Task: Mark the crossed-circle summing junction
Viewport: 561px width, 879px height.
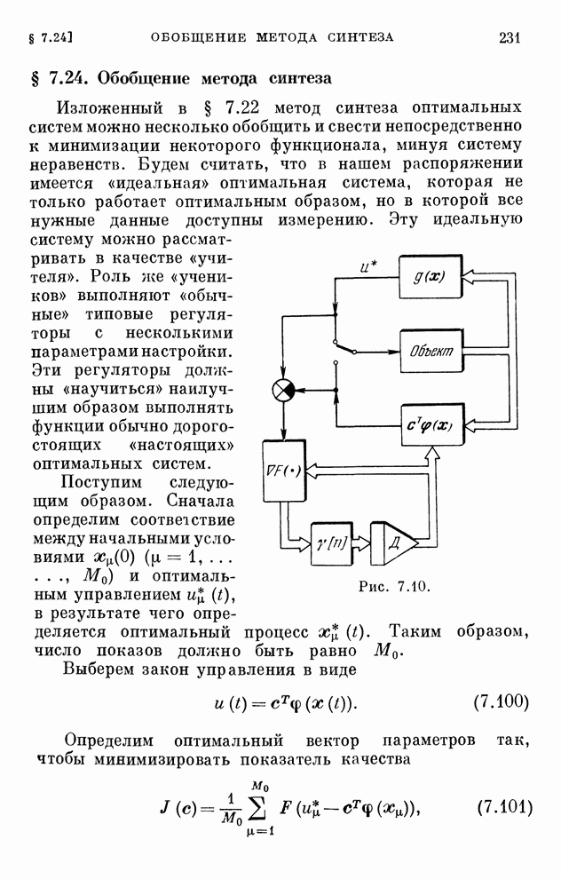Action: click(283, 390)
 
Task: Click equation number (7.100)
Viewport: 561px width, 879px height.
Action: click(496, 703)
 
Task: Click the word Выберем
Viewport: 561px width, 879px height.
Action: click(98, 668)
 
